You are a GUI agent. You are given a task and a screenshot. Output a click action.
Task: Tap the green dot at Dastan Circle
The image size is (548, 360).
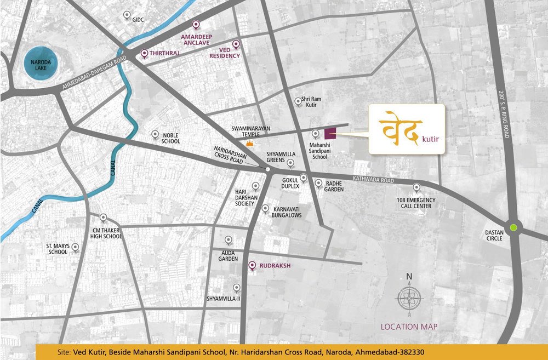pos(513,227)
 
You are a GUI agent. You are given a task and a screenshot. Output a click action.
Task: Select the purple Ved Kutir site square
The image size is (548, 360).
pos(330,133)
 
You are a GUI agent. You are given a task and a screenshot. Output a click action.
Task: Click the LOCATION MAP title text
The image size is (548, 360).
pos(409,327)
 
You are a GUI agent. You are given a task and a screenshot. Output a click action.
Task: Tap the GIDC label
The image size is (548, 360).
pos(138,20)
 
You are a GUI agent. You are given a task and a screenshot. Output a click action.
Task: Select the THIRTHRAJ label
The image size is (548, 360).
pos(165,53)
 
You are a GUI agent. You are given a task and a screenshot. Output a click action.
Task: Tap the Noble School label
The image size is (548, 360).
pos(170,138)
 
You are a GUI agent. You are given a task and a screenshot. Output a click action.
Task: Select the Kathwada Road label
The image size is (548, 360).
pos(373,180)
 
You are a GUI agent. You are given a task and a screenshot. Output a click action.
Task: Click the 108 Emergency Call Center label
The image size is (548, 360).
pos(414,203)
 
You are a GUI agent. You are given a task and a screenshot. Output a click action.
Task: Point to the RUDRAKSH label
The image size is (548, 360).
pos(276,266)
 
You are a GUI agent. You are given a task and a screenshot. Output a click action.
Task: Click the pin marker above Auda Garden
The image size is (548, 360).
pos(228,240)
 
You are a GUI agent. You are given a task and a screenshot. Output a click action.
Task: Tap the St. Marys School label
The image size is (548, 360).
pos(58,249)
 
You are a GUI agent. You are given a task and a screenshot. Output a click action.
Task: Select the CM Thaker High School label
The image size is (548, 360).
pos(107,233)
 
